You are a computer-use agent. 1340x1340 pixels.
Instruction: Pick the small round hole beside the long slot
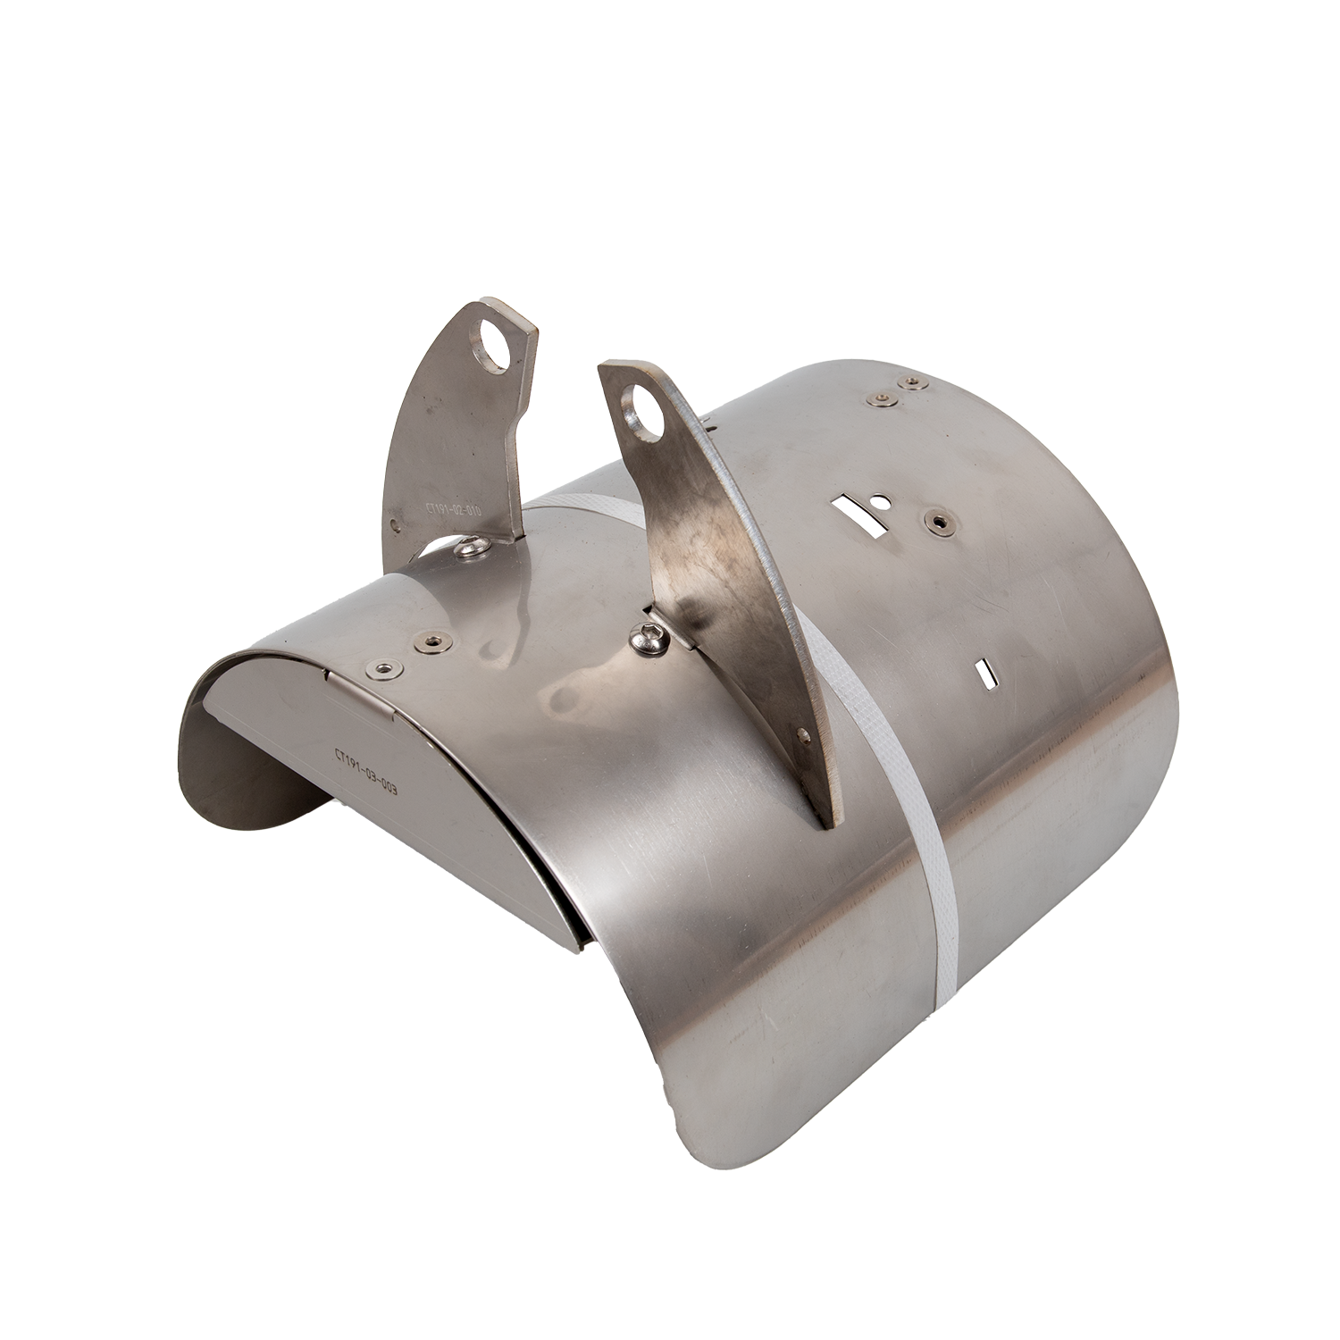click(881, 501)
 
